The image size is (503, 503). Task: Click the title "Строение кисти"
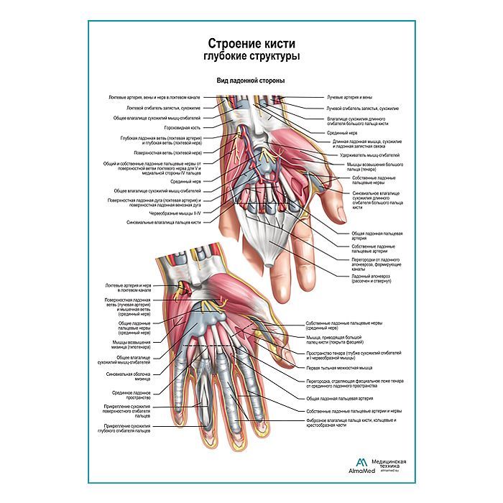coord(250,44)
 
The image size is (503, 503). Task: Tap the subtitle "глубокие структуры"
coord(250,57)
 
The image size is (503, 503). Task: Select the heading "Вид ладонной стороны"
coord(250,81)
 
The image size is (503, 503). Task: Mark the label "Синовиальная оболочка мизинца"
coord(131,374)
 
